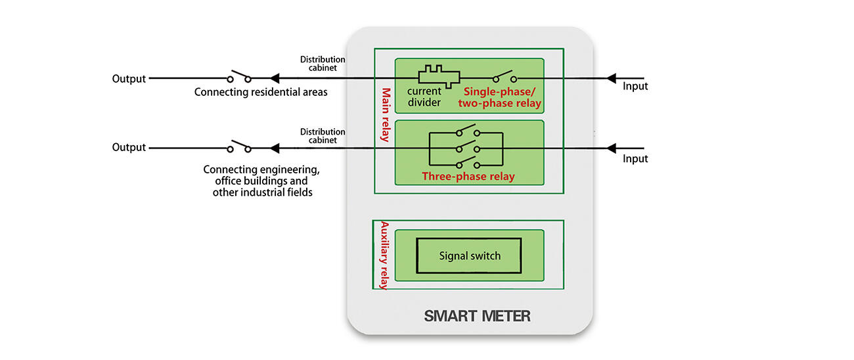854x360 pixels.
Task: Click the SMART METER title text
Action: click(477, 316)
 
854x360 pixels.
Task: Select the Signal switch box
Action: click(469, 256)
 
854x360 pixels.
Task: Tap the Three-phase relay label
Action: click(468, 176)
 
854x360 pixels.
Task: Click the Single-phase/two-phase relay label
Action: click(503, 98)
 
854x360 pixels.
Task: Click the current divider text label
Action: click(424, 97)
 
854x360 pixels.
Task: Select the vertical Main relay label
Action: click(386, 115)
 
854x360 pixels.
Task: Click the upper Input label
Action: click(635, 86)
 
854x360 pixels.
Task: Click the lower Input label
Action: click(635, 158)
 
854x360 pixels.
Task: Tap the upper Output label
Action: click(129, 79)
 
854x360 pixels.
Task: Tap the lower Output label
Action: click(129, 147)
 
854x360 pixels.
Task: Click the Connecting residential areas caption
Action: click(261, 92)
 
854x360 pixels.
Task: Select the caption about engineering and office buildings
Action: click(261, 181)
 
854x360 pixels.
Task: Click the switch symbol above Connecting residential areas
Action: click(239, 76)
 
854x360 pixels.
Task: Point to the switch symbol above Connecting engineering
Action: click(239, 145)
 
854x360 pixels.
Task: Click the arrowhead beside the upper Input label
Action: click(611, 78)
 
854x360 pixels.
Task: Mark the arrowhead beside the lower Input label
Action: click(611, 148)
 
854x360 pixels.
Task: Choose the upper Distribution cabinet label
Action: click(323, 63)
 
